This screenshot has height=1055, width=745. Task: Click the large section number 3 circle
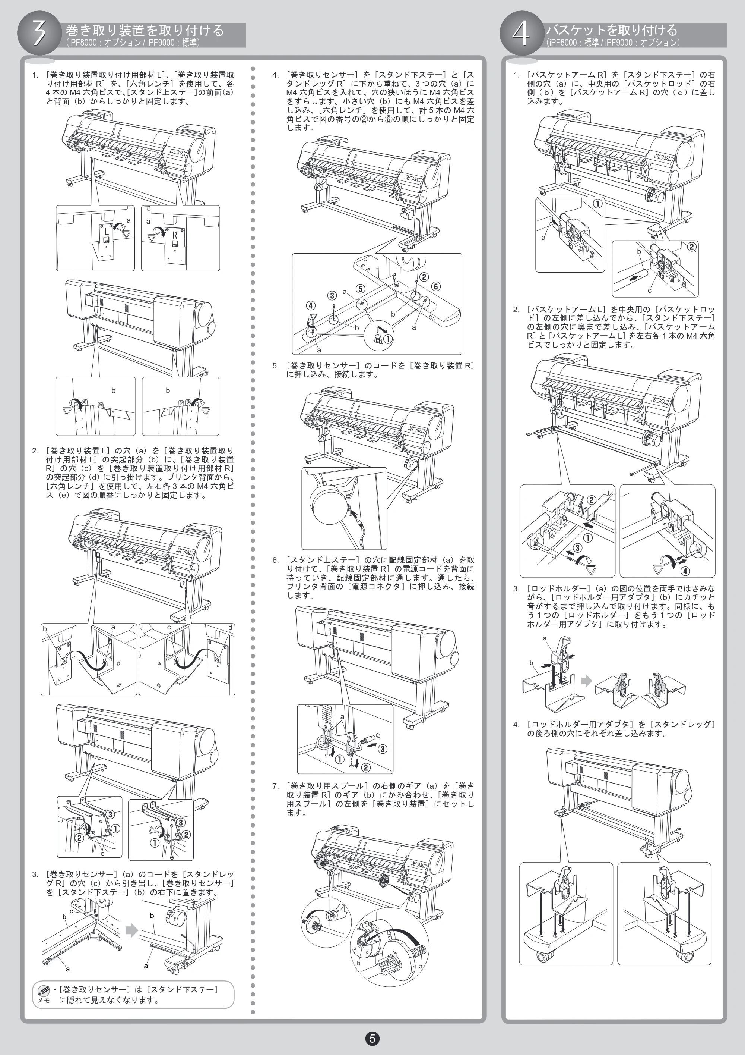click(x=39, y=34)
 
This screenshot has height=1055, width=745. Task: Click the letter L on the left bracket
click(x=107, y=232)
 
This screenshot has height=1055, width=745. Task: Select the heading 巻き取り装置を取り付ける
click(x=145, y=30)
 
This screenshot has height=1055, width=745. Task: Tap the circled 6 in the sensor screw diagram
click(x=435, y=286)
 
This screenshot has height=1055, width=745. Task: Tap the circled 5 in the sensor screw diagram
click(x=360, y=289)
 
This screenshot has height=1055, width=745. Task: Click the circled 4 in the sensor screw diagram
click(x=311, y=305)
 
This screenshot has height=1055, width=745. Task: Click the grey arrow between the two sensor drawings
click(x=132, y=930)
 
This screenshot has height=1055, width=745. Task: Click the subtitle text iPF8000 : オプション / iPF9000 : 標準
click(x=133, y=42)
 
